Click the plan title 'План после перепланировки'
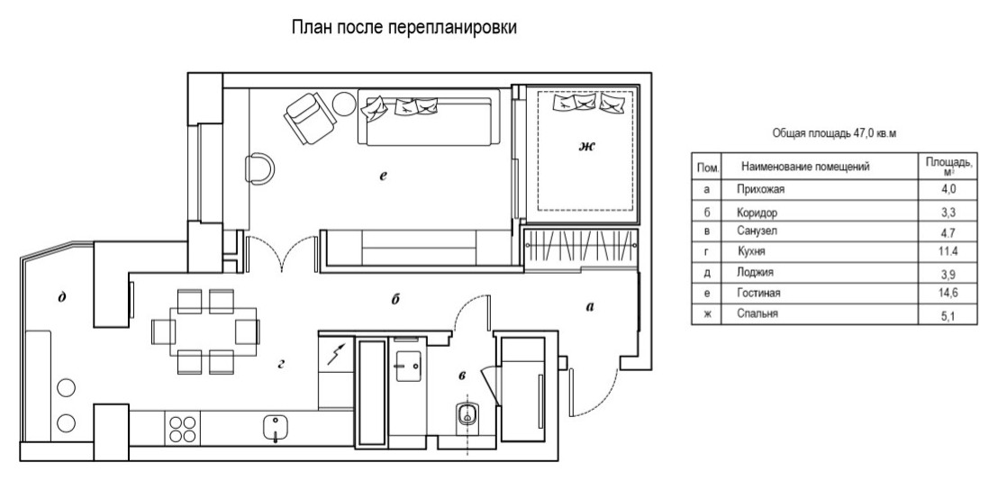click(x=403, y=29)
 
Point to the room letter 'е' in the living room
click(x=383, y=177)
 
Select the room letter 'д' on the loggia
click(x=59, y=298)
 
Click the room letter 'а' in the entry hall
click(x=590, y=306)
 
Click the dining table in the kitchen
click(x=204, y=330)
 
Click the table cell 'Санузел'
click(x=758, y=231)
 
